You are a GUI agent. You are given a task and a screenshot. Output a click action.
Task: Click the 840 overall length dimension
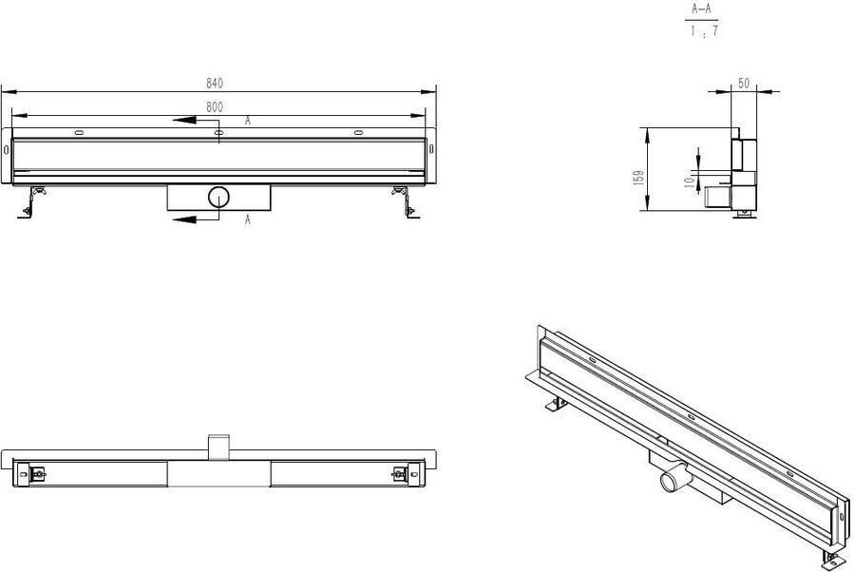pyautogui.click(x=215, y=84)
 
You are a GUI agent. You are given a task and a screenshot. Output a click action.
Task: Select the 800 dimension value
pyautogui.click(x=215, y=107)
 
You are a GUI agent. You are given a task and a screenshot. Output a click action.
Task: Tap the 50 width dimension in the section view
pyautogui.click(x=744, y=84)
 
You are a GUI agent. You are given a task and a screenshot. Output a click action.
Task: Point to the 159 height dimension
pyautogui.click(x=639, y=178)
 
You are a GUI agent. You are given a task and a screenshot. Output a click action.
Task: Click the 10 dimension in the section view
pyautogui.click(x=689, y=181)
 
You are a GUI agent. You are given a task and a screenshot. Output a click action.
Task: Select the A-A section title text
pyautogui.click(x=702, y=10)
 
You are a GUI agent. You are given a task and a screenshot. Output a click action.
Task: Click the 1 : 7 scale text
pyautogui.click(x=704, y=31)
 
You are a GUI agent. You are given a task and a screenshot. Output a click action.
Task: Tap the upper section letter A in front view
pyautogui.click(x=248, y=121)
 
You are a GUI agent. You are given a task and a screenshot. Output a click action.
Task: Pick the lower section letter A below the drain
pyautogui.click(x=248, y=219)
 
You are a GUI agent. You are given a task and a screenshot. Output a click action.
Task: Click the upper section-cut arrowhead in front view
pyautogui.click(x=185, y=121)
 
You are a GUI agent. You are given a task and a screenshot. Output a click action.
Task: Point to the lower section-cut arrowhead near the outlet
pyautogui.click(x=185, y=219)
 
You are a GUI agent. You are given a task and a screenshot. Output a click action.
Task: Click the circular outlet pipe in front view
pyautogui.click(x=218, y=197)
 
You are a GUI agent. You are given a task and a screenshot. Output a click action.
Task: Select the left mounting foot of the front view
pyautogui.click(x=31, y=202)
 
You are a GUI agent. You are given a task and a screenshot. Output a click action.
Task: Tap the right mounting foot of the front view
pyautogui.click(x=406, y=202)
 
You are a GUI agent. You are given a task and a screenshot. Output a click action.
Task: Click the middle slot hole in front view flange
pyautogui.click(x=218, y=132)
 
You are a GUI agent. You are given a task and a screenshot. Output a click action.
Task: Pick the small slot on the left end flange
pyautogui.click(x=6, y=149)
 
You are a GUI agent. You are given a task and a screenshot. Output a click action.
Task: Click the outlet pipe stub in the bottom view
pyautogui.click(x=218, y=448)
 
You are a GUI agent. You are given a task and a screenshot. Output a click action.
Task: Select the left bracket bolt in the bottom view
pyautogui.click(x=38, y=474)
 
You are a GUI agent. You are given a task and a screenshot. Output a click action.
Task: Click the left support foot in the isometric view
pyautogui.click(x=556, y=404)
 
